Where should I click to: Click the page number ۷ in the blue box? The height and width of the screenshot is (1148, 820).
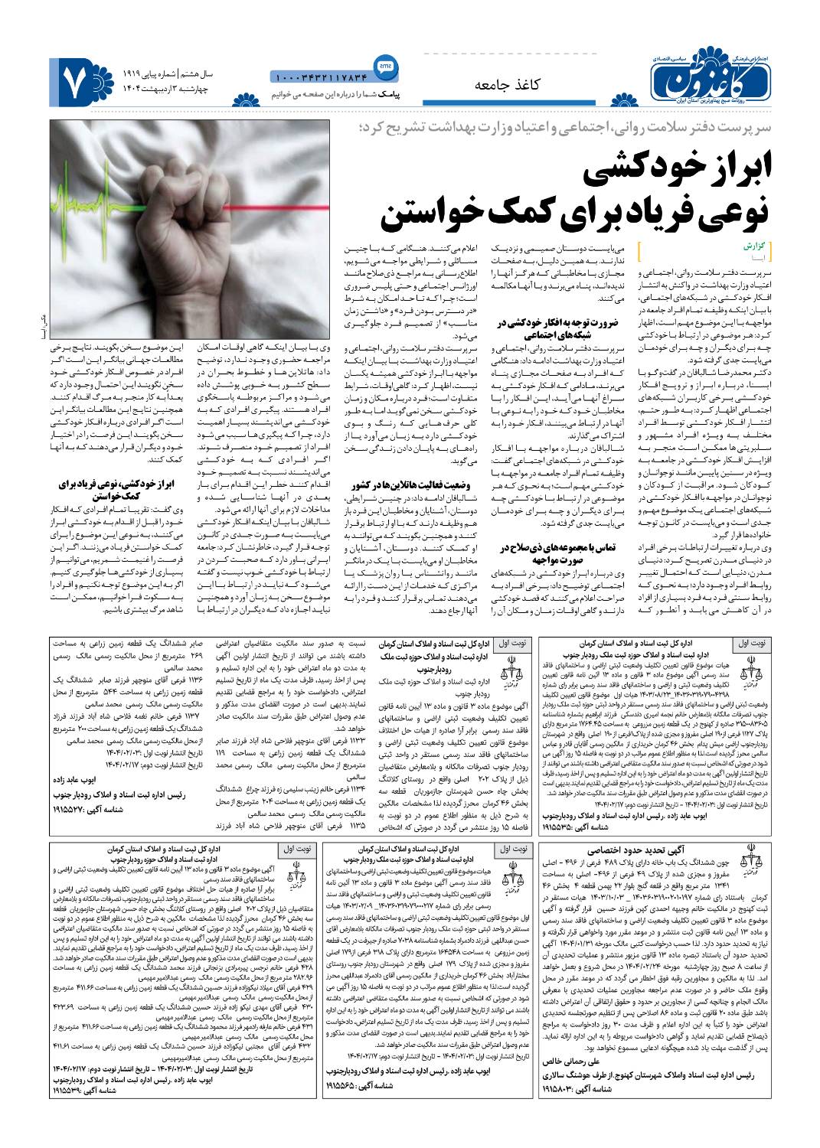click(x=80, y=80)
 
